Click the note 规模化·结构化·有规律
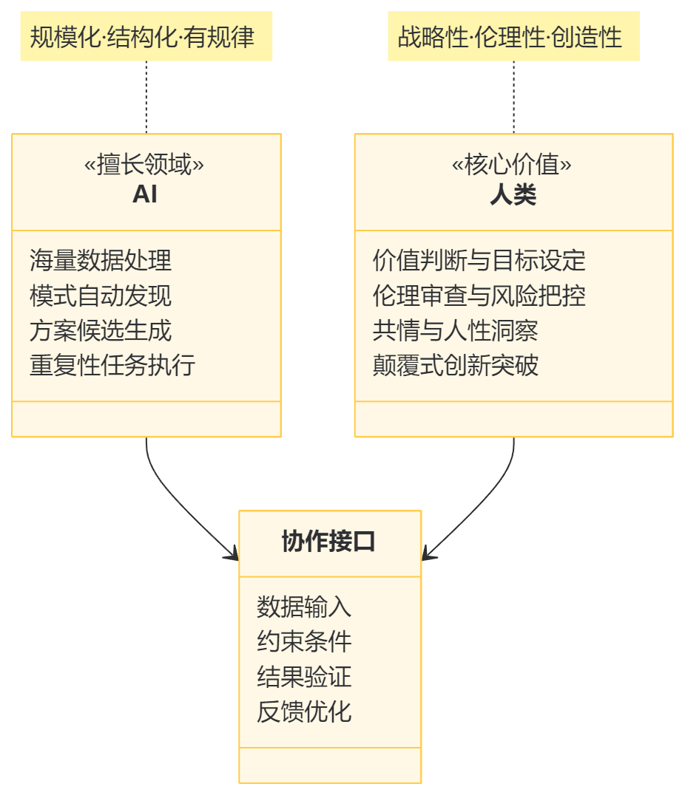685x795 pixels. point(146,37)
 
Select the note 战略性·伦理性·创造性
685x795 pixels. point(513,37)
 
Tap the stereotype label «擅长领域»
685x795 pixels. point(145,165)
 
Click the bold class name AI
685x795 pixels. point(145,194)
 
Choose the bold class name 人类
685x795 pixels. point(513,195)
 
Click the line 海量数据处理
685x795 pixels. point(101,260)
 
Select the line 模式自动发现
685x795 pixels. point(101,296)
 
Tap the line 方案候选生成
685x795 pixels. point(101,330)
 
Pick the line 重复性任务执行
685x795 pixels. point(112,365)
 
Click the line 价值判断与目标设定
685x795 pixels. point(479,260)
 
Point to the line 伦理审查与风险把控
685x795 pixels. point(479,296)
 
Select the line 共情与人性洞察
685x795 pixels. point(455,330)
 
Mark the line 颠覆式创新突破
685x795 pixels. point(455,365)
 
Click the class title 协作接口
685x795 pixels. point(329,542)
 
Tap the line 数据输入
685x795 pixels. point(304,607)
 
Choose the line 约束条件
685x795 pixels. point(304,641)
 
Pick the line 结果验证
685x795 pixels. point(304,677)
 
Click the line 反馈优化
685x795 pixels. point(304,712)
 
